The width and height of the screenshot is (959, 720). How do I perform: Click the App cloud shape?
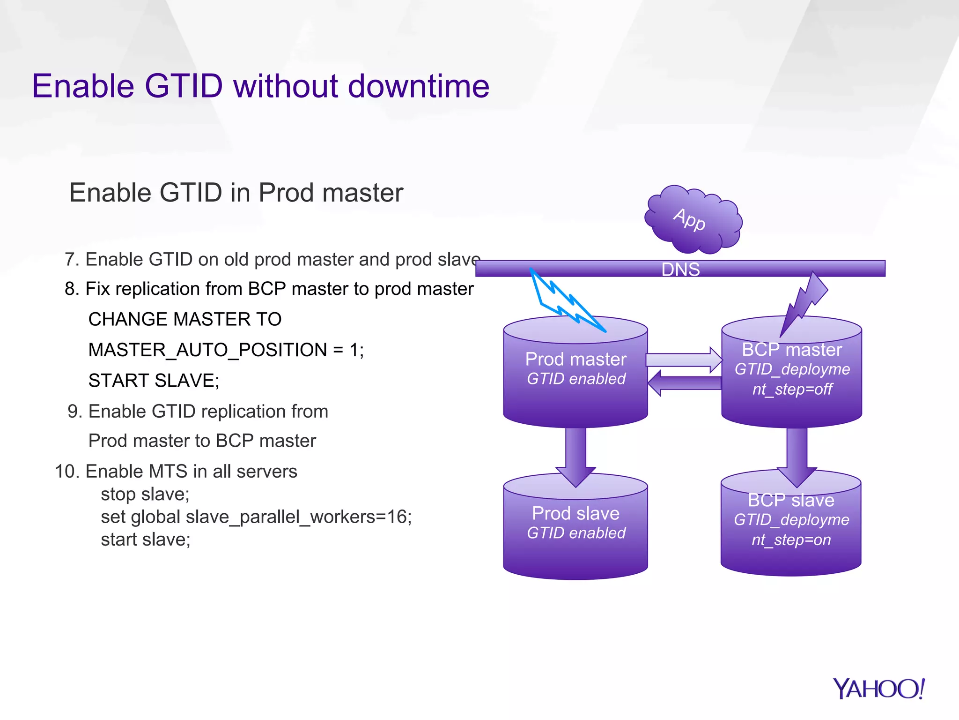point(693,219)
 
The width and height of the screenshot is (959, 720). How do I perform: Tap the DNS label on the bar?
point(680,270)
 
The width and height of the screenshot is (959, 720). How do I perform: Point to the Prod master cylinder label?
point(575,360)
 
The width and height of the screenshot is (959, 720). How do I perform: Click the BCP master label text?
point(792,350)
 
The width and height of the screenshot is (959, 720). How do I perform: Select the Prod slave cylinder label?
point(575,513)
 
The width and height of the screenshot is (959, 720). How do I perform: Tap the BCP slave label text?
point(791,500)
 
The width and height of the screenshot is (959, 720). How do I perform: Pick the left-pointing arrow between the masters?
point(684,383)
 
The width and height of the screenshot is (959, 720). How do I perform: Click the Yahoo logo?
point(878,689)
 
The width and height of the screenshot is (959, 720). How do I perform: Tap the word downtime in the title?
point(419,86)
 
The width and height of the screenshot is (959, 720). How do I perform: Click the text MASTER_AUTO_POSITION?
point(208,350)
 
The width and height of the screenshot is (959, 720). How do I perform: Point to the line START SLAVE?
point(154,381)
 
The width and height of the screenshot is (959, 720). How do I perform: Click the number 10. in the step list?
point(67,472)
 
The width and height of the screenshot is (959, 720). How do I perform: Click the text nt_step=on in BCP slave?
point(791,540)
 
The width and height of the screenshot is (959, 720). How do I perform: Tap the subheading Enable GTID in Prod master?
point(236,193)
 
